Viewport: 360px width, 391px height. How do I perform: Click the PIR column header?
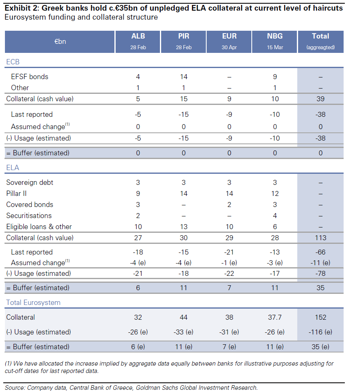click(184, 36)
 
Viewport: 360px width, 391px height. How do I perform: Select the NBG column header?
click(275, 36)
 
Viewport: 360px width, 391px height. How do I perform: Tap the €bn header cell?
click(60, 41)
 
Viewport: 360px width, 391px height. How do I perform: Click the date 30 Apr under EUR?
click(229, 47)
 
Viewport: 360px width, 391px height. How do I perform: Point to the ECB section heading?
click(13, 62)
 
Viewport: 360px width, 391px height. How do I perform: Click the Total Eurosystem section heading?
click(33, 302)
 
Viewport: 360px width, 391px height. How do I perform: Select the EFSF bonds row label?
click(30, 77)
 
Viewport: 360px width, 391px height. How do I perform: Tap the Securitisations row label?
click(29, 216)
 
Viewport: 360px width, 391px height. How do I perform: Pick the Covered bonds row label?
click(30, 205)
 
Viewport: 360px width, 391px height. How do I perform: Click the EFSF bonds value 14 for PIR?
click(184, 77)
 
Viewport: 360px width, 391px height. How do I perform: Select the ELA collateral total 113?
click(321, 238)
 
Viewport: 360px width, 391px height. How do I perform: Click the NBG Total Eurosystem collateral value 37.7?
click(275, 317)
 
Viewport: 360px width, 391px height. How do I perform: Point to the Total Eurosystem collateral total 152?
click(321, 317)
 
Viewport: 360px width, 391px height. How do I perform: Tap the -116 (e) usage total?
click(321, 332)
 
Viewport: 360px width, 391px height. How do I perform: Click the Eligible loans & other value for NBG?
click(275, 227)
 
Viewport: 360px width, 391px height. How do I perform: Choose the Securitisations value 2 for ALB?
click(138, 216)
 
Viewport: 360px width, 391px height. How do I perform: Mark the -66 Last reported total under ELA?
click(321, 252)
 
